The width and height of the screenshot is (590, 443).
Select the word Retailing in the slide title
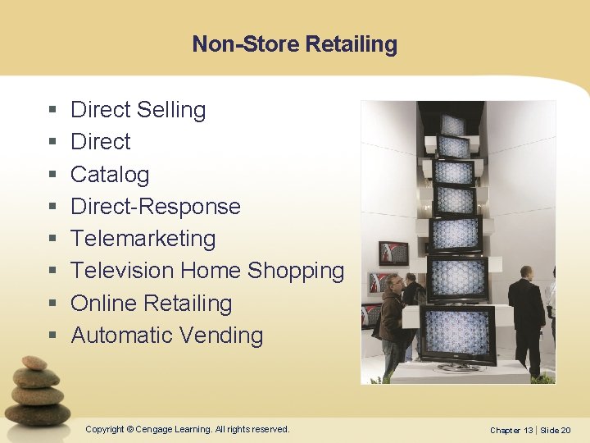coord(351,43)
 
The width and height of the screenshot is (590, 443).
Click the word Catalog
coord(110,175)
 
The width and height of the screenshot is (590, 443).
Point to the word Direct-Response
coord(156,207)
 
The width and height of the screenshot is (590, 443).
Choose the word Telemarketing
coord(143,239)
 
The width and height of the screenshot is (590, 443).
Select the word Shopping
coord(295,271)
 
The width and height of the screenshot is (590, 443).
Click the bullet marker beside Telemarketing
coord(52,240)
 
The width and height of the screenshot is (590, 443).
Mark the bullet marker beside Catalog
coord(52,176)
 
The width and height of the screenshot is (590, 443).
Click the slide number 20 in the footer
coord(565,430)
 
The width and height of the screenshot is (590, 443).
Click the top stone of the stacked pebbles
coord(34,363)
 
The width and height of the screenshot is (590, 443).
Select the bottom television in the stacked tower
coord(457,333)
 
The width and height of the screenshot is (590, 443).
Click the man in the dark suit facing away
coord(526,316)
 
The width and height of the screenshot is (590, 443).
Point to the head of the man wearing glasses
coord(396,284)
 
